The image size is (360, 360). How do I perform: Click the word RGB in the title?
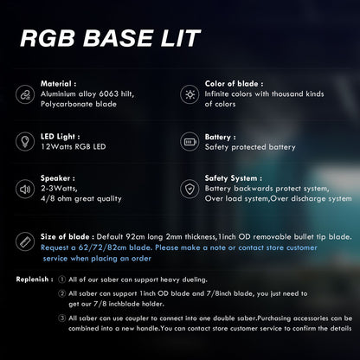click(x=48, y=38)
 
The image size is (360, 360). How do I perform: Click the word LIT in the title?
click(x=180, y=38)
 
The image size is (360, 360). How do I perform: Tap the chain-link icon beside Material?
click(x=25, y=94)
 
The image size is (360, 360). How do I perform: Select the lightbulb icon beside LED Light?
click(x=25, y=141)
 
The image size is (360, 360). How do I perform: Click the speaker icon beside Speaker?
click(x=25, y=189)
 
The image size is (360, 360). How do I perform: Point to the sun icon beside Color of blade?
click(x=190, y=94)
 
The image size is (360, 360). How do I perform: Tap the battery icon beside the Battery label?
click(x=190, y=142)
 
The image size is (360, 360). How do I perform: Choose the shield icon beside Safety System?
click(x=190, y=190)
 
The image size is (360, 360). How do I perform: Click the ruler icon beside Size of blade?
click(x=25, y=241)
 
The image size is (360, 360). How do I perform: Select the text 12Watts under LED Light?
click(x=56, y=146)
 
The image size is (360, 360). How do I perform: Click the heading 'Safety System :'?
click(x=234, y=178)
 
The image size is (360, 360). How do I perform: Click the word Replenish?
click(x=32, y=280)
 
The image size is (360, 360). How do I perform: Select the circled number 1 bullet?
click(x=61, y=280)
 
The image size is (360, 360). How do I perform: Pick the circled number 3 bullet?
click(x=61, y=318)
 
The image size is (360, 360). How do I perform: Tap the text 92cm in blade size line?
click(x=135, y=237)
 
